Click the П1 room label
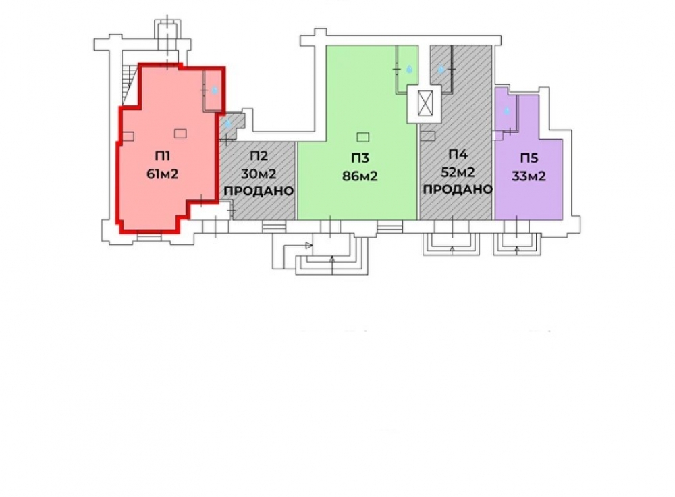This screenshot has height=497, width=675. (162, 157)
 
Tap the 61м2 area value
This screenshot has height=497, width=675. (162, 174)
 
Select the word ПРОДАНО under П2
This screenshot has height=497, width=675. (259, 191)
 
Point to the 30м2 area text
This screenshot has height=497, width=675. (259, 174)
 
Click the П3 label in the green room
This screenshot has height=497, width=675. (360, 158)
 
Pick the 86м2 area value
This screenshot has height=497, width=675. (360, 176)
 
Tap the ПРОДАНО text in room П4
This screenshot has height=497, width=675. (458, 190)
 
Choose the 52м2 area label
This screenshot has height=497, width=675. (458, 172)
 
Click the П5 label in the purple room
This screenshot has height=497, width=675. (529, 158)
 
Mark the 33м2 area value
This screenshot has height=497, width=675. (529, 176)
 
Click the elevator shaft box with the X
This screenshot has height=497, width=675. (425, 105)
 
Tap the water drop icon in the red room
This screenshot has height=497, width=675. (215, 90)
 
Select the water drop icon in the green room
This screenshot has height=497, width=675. (409, 68)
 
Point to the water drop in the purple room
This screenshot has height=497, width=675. (507, 111)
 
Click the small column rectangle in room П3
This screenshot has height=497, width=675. (363, 137)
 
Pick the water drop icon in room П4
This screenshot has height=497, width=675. (441, 68)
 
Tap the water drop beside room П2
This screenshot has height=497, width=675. (227, 123)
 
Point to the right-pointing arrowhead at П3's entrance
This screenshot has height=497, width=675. (308, 246)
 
